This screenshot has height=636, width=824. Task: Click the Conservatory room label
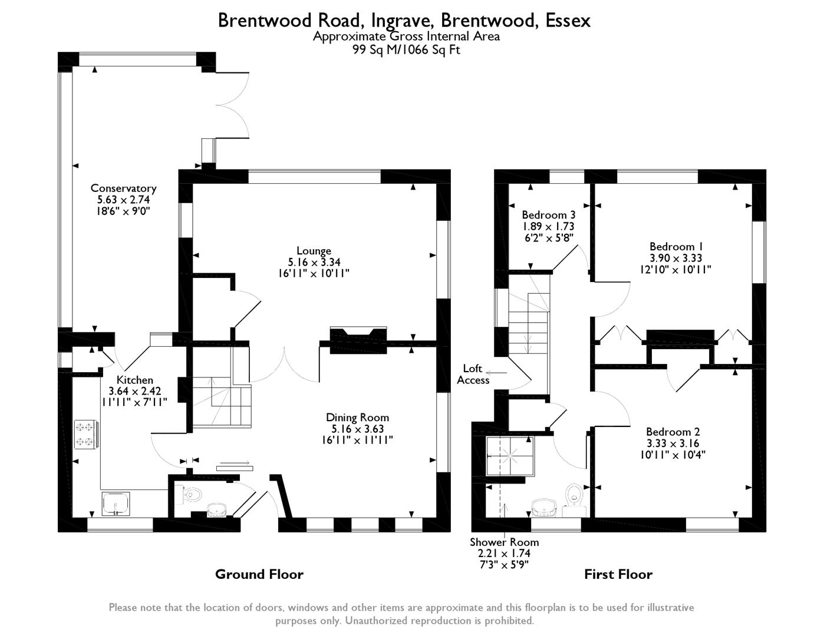pyautogui.click(x=123, y=188)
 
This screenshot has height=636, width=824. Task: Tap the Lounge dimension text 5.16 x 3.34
pyautogui.click(x=314, y=262)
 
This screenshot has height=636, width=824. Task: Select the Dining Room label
pyautogui.click(x=357, y=418)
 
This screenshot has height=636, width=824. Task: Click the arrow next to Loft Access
pyautogui.click(x=496, y=372)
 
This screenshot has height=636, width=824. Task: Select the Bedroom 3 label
pyautogui.click(x=548, y=215)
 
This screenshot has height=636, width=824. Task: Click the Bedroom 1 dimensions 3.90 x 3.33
pyautogui.click(x=675, y=258)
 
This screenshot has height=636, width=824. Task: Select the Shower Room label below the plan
pyautogui.click(x=504, y=542)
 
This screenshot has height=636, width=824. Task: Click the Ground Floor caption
pyautogui.click(x=259, y=574)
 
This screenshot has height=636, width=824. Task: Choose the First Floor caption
pyautogui.click(x=618, y=574)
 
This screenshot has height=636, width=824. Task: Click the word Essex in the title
pyautogui.click(x=567, y=21)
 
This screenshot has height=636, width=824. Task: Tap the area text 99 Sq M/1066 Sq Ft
pyautogui.click(x=406, y=50)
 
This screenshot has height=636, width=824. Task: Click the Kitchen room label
pyautogui.click(x=134, y=380)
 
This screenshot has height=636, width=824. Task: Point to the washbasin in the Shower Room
pyautogui.click(x=543, y=507)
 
